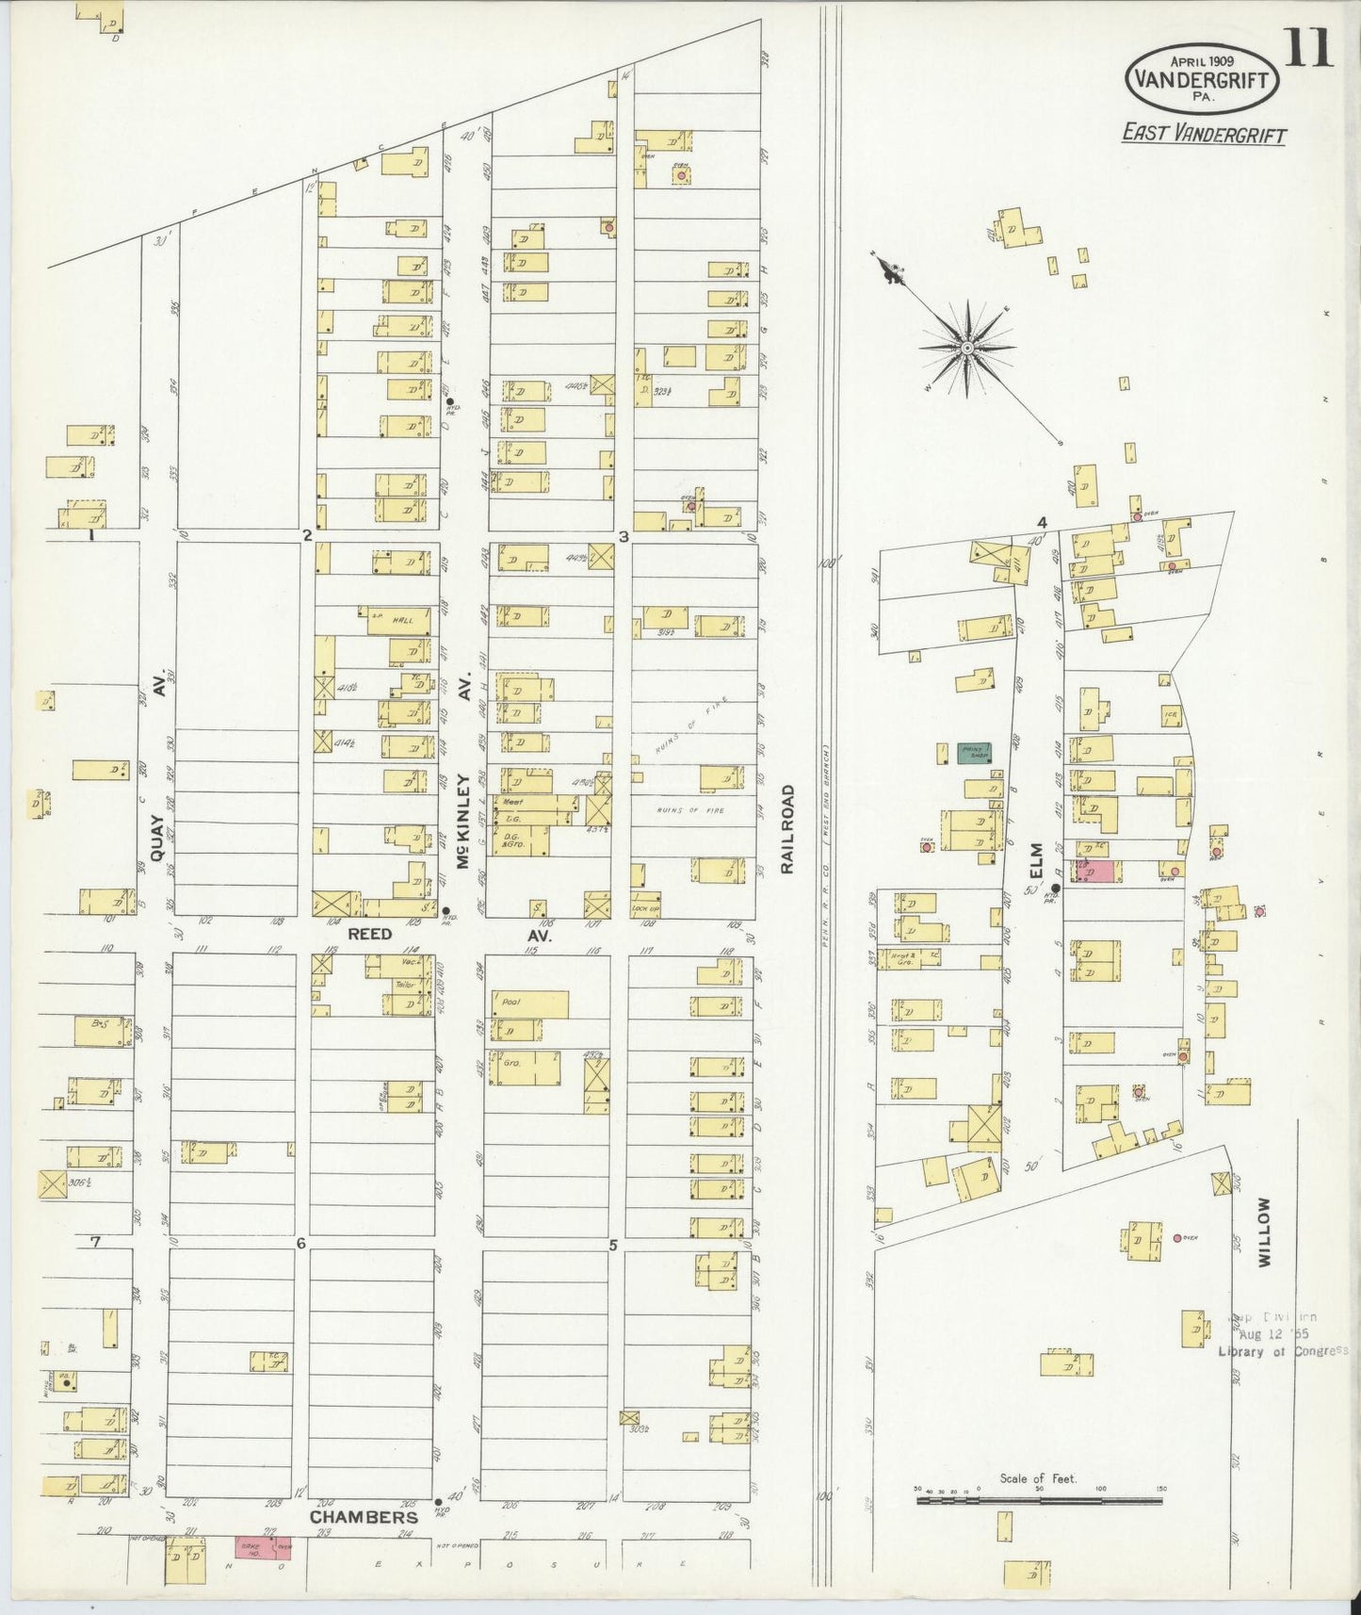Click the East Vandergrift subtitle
click(x=1204, y=134)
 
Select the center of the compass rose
click(x=967, y=349)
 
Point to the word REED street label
click(x=370, y=934)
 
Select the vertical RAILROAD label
click(x=787, y=829)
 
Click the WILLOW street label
click(x=1263, y=1232)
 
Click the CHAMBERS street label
click(x=365, y=1518)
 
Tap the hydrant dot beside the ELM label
click(x=1056, y=888)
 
